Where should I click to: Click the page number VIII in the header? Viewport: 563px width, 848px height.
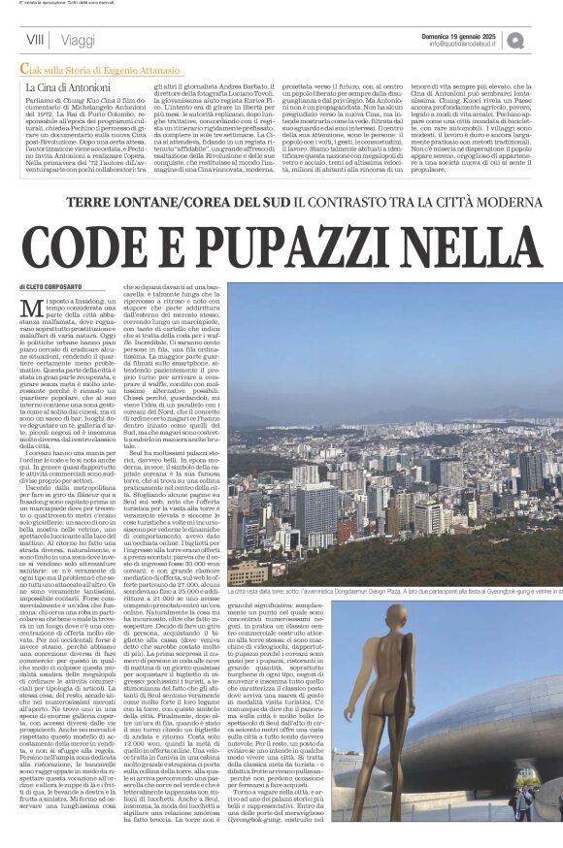point(35,40)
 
